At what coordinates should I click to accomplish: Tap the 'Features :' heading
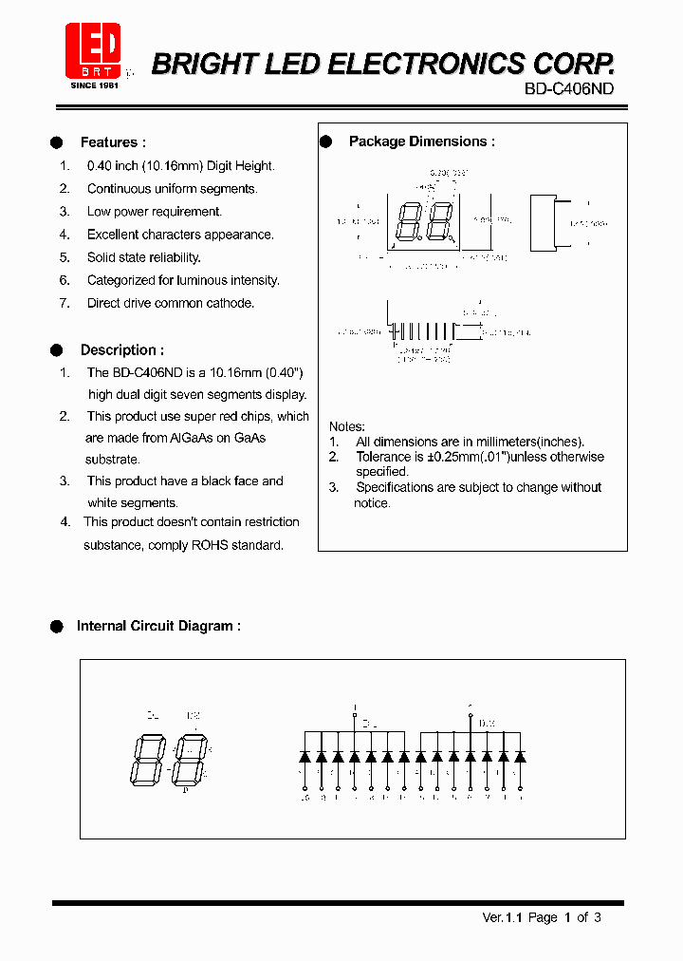click(113, 142)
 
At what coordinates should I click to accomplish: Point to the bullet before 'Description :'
click(56, 349)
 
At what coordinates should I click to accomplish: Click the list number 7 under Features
click(65, 303)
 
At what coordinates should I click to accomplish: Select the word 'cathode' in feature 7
click(231, 303)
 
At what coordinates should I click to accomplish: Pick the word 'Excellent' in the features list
click(113, 235)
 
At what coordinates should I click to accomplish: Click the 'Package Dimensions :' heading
click(421, 141)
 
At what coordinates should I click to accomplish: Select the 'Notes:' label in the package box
click(346, 426)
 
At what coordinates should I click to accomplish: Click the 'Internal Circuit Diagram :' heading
click(157, 626)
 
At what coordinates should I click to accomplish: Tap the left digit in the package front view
click(411, 224)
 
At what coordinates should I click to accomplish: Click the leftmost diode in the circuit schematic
click(305, 757)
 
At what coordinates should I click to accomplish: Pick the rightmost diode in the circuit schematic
click(520, 757)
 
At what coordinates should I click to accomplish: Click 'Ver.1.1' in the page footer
click(503, 917)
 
